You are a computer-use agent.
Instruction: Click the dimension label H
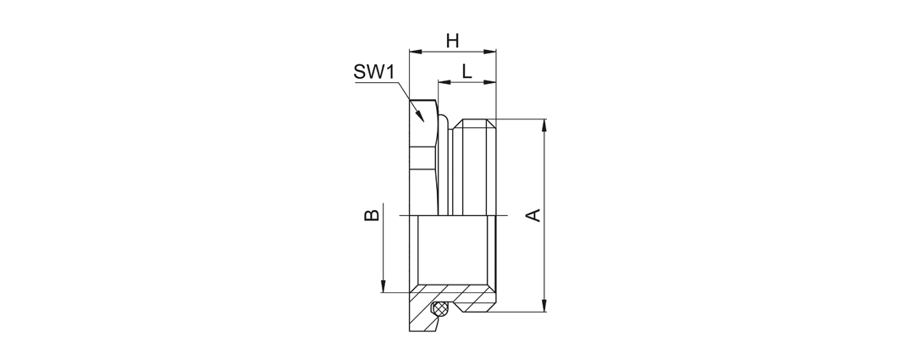pyautogui.click(x=453, y=42)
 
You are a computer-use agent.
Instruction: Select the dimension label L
pyautogui.click(x=467, y=72)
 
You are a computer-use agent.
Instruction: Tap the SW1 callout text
pyautogui.click(x=373, y=72)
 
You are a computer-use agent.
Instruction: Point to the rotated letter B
pyautogui.click(x=372, y=215)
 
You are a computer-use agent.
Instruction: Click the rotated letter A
pyautogui.click(x=533, y=215)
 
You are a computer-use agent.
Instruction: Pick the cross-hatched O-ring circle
pyautogui.click(x=440, y=308)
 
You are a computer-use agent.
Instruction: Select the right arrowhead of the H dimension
pyautogui.click(x=489, y=52)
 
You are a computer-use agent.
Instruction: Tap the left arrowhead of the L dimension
pyautogui.click(x=444, y=83)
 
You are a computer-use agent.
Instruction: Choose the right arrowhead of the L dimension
pyautogui.click(x=489, y=83)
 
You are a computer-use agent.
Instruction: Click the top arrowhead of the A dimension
pyautogui.click(x=544, y=125)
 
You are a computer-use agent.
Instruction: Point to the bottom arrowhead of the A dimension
pyautogui.click(x=544, y=306)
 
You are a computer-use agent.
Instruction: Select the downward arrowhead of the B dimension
pyautogui.click(x=384, y=286)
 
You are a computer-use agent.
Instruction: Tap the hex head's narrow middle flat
pyautogui.click(x=423, y=158)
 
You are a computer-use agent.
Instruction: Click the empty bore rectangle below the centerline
pyautogui.click(x=454, y=251)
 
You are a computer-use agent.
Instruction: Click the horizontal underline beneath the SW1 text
pyautogui.click(x=377, y=83)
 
